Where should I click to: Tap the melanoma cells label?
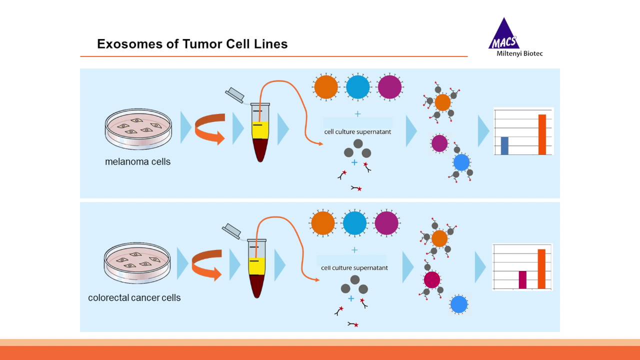point(137,162)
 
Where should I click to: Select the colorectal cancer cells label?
point(134,298)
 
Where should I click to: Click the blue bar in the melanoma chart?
point(504,145)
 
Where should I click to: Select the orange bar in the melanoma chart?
point(542,134)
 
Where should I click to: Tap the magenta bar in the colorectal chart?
point(522,279)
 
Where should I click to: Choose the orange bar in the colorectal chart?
point(541,268)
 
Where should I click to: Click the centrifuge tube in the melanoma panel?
point(260,132)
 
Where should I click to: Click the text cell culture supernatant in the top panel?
point(357,132)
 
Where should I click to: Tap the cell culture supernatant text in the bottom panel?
point(354,268)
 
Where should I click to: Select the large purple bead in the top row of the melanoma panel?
point(390,86)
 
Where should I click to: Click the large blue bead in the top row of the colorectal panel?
point(354,223)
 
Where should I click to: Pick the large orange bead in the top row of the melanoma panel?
point(326,86)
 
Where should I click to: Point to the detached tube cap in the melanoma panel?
point(234,95)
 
